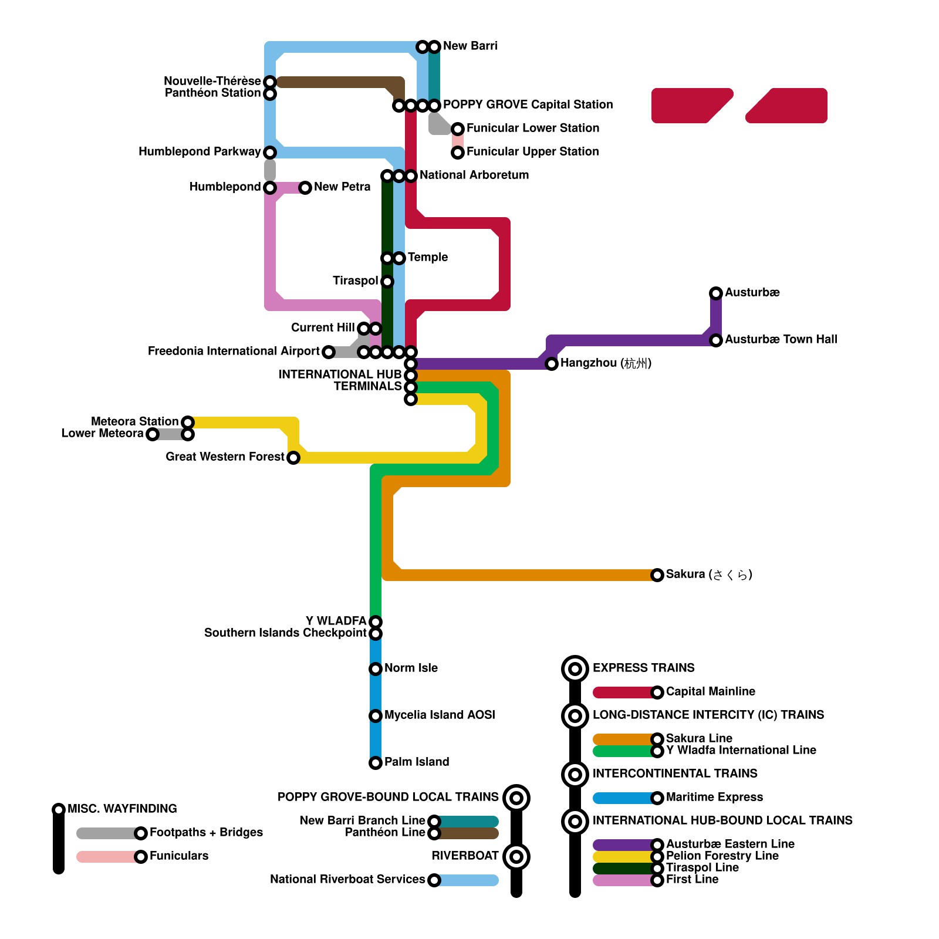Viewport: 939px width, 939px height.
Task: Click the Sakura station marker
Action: tap(657, 575)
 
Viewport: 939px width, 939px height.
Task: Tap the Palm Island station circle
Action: tap(376, 762)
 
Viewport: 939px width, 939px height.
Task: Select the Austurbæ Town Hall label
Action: tap(781, 339)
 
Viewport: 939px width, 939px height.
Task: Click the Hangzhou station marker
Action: tap(552, 364)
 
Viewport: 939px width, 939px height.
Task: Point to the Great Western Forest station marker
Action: tap(293, 457)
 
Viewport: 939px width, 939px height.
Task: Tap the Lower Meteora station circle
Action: tap(153, 434)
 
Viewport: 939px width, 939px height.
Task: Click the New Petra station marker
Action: tap(305, 187)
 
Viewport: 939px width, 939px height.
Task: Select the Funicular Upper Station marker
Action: tap(458, 153)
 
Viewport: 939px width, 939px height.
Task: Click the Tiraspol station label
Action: tap(355, 281)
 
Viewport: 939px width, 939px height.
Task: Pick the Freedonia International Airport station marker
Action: tap(329, 352)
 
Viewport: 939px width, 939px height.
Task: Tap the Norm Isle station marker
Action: tap(376, 668)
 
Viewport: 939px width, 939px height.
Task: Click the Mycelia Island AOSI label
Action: tap(440, 715)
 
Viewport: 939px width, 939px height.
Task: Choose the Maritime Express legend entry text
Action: tap(714, 797)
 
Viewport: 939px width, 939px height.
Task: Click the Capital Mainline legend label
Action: tap(710, 691)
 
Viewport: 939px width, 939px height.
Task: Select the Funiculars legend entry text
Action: tap(179, 856)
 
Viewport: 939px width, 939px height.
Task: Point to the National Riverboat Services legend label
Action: tap(347, 879)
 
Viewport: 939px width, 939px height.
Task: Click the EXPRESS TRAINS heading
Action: tap(643, 668)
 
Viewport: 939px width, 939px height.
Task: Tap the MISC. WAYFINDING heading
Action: tap(122, 809)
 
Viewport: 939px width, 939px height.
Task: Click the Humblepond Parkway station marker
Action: tap(270, 153)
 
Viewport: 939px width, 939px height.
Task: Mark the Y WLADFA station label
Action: tap(336, 621)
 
